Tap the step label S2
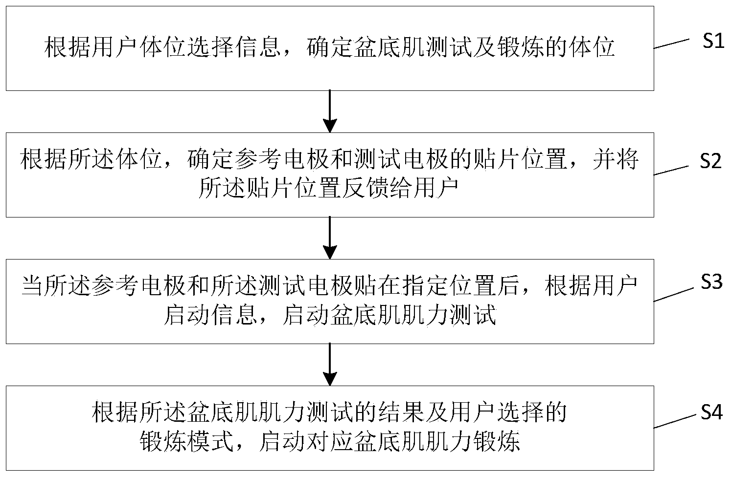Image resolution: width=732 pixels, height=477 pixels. pos(710,161)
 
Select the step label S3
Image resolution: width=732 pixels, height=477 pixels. pos(711,282)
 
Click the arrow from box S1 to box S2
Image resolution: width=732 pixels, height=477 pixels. pos(331,111)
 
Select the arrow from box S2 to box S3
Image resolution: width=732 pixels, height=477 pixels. pos(331,238)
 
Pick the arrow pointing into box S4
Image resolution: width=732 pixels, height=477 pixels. pos(331,364)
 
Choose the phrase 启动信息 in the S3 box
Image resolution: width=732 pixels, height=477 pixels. pos(210,315)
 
